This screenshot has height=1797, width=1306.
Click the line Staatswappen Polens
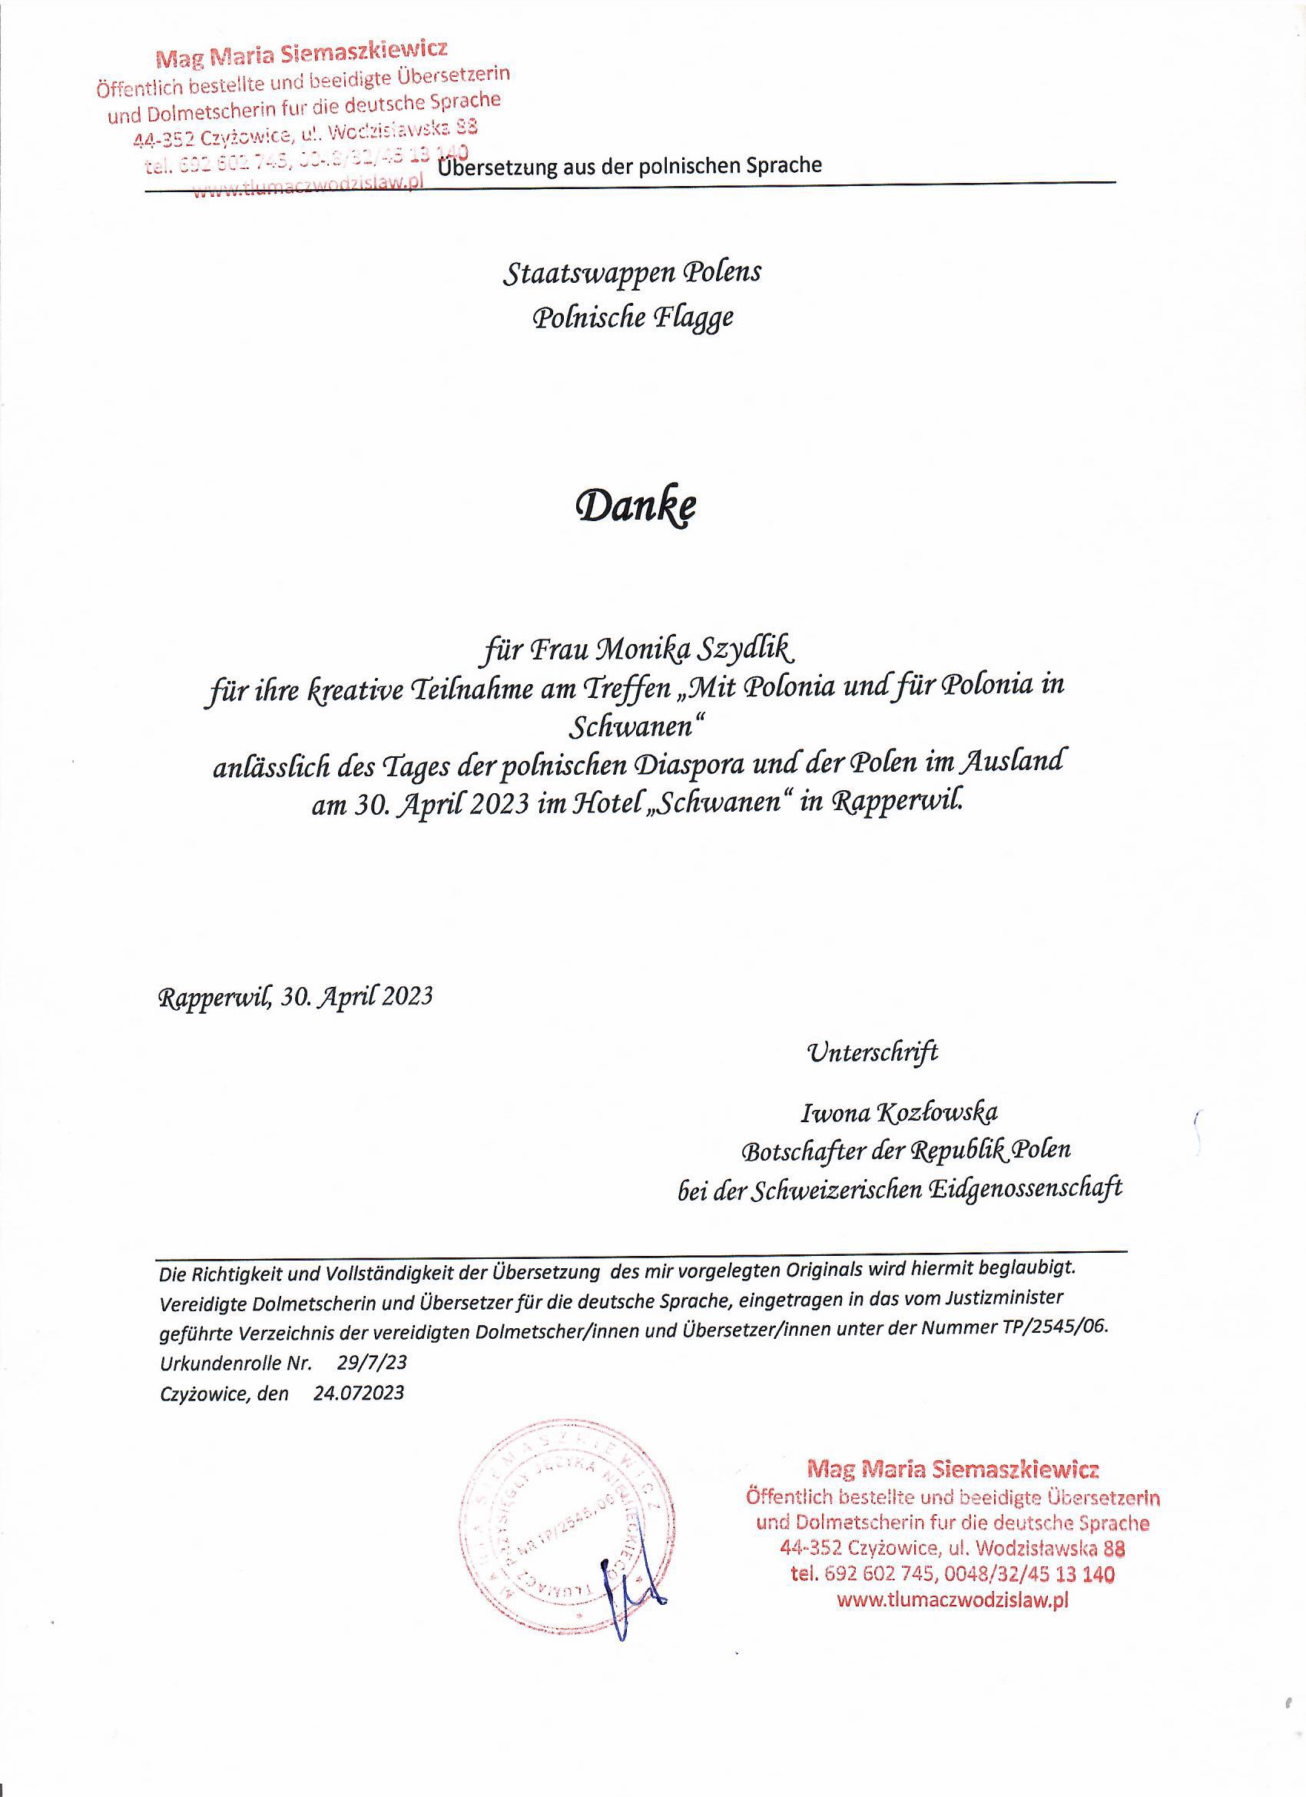coord(631,273)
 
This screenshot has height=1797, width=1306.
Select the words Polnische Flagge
coord(632,317)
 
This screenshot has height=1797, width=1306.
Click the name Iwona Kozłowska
coord(899,1112)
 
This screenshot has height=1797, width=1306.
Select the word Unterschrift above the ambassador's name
coord(871,1052)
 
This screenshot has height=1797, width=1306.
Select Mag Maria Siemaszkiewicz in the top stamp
coord(302,53)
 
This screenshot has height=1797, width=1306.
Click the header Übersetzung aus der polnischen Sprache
coord(630,165)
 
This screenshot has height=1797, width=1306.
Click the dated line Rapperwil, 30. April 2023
coord(297,996)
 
